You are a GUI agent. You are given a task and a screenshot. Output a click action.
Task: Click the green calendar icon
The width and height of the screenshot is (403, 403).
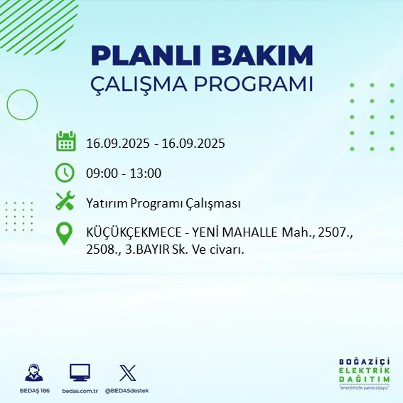(x=65, y=141)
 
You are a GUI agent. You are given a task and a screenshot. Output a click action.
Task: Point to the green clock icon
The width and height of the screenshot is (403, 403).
(x=65, y=172)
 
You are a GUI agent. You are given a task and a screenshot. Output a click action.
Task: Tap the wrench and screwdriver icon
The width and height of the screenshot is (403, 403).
(x=65, y=202)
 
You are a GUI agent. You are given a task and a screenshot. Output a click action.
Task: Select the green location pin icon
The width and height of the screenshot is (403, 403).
(x=65, y=234)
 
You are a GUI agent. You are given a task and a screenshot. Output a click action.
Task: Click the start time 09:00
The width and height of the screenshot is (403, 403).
(x=101, y=173)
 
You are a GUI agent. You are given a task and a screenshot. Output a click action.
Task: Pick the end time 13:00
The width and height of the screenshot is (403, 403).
(x=144, y=173)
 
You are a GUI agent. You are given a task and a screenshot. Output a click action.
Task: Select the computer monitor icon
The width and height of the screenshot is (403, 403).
(x=80, y=372)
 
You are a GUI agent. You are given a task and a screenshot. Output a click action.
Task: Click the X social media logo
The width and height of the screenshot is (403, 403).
(x=127, y=372)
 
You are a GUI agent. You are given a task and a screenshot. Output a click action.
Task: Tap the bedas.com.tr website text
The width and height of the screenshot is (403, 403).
(x=79, y=391)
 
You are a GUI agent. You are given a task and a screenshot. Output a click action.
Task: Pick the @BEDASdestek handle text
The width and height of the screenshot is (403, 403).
(x=127, y=391)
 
